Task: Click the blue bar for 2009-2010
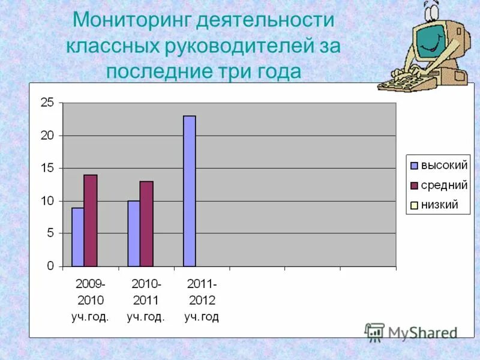click(77, 237)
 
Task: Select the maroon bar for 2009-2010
click(91, 220)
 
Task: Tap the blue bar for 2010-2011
click(133, 233)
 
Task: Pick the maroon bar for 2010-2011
click(146, 224)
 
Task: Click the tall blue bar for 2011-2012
click(190, 191)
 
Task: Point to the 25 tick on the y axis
click(47, 103)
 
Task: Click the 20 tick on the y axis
click(47, 136)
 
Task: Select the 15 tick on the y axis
click(47, 169)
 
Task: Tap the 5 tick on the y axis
click(50, 233)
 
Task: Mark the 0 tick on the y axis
click(50, 266)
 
